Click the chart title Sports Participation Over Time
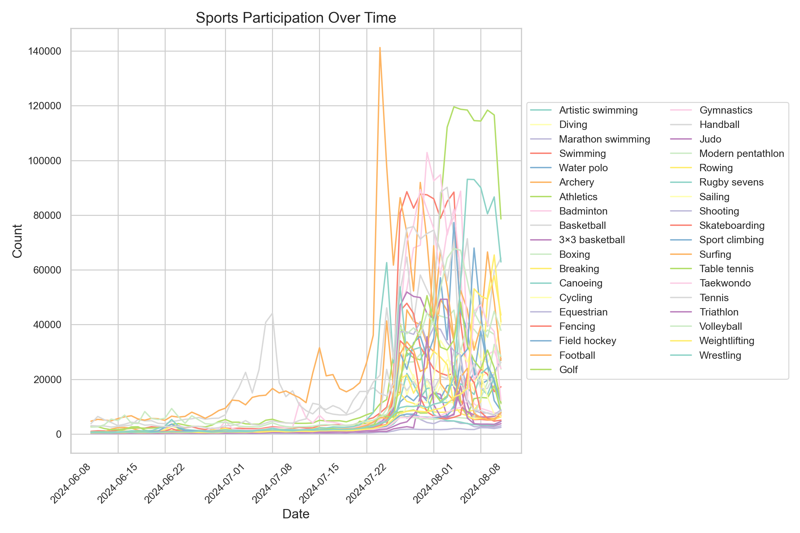pos(296,18)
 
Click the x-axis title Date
pos(296,514)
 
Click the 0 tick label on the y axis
pos(59,434)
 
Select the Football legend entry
pos(577,355)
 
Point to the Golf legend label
pos(568,370)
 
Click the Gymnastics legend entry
pos(726,110)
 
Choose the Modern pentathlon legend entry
pos(741,154)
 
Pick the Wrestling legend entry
pos(720,355)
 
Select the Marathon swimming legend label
pos(604,139)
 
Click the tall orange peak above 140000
pos(380,48)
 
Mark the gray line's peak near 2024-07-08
pos(272,313)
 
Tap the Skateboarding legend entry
pos(732,226)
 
